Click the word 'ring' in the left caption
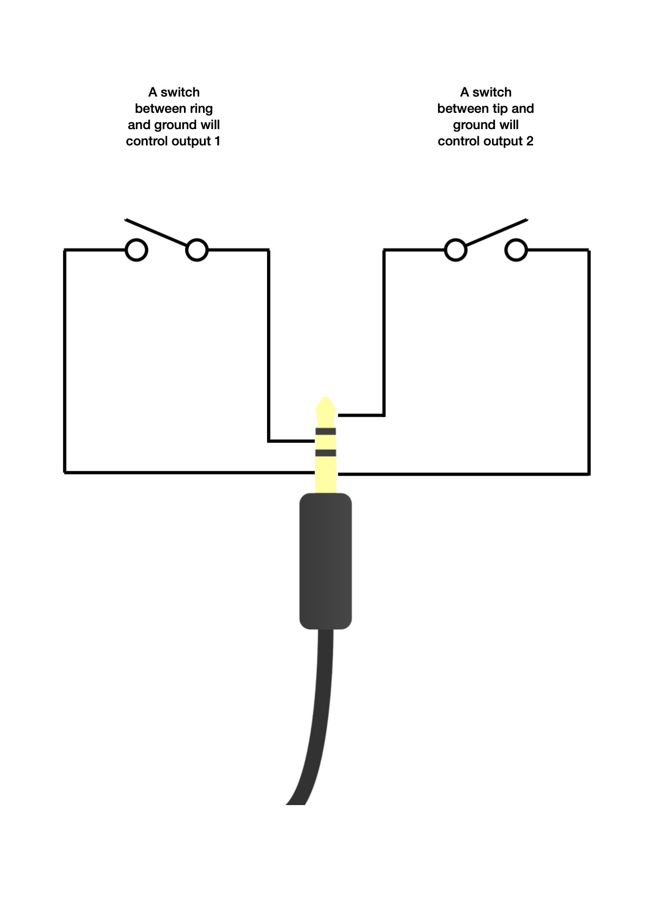coord(201,109)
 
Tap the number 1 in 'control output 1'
coord(217,142)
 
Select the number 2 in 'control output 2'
coord(530,142)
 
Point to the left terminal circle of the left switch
coord(136,250)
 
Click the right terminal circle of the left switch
coord(197,250)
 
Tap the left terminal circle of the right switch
coord(455,250)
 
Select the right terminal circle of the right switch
coord(516,250)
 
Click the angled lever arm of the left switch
coord(157,233)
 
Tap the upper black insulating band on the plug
coord(326,432)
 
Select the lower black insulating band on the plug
coord(326,453)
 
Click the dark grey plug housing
coord(326,561)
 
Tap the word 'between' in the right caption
coord(463,109)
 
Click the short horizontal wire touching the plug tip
coord(361,416)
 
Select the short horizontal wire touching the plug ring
coord(292,441)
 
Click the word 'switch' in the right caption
coord(492,92)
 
